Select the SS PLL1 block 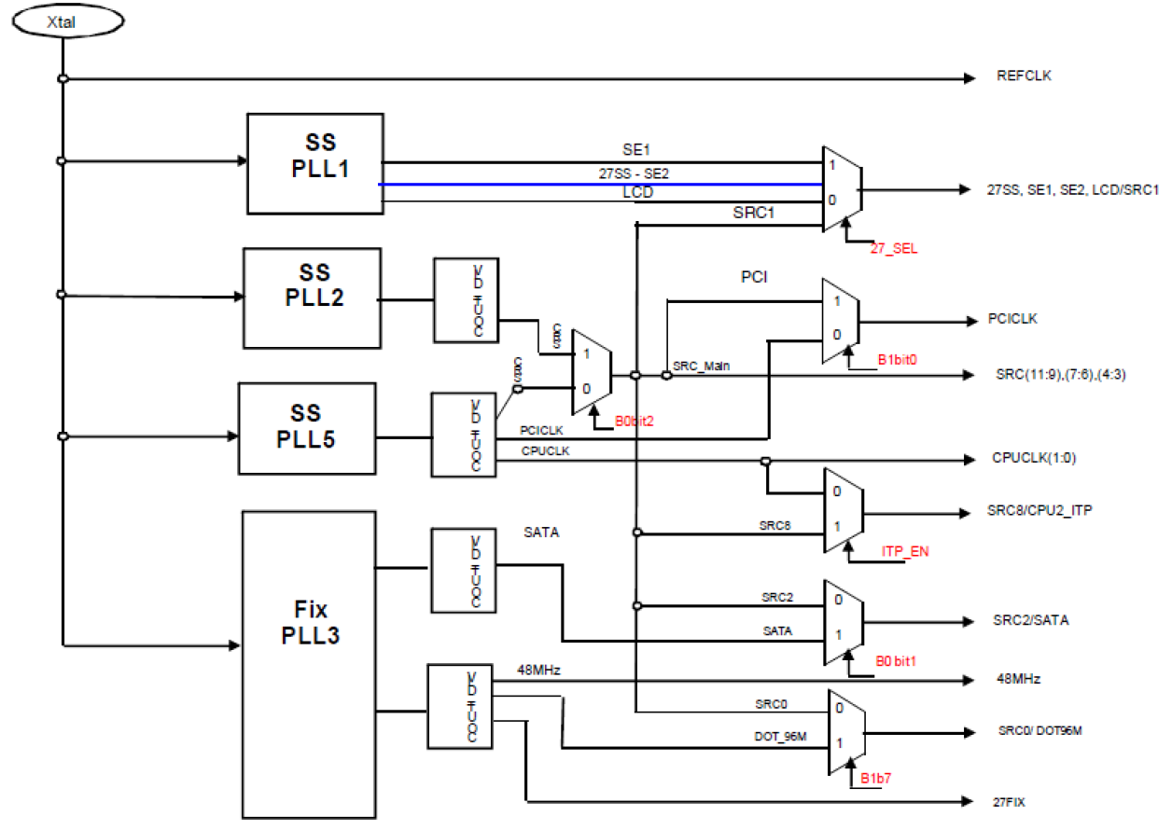(314, 163)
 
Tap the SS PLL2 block (312, 297)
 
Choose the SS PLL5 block (306, 427)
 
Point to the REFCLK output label (1024, 76)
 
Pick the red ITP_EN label (904, 552)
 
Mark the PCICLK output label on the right (1013, 319)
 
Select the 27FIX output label (1012, 801)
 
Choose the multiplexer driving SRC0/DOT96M (845, 732)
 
